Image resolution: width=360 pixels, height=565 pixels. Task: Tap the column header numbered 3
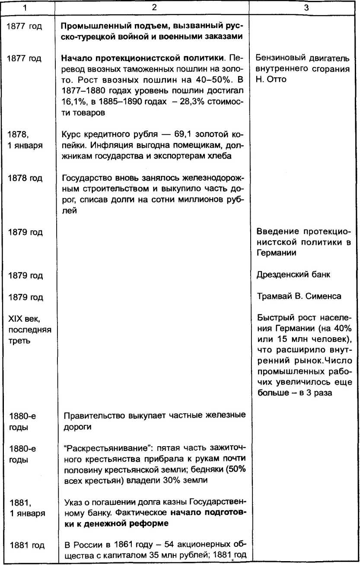(306, 8)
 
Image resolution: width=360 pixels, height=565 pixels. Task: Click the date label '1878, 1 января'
(25, 140)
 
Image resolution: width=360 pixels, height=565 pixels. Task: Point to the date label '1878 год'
(25, 179)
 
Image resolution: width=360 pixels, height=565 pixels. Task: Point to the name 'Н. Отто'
(271, 80)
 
